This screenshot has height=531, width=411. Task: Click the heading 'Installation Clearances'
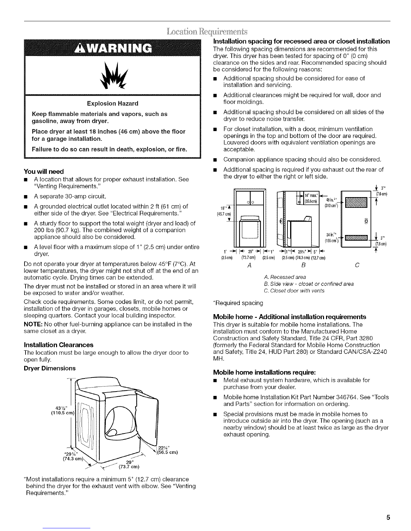pyautogui.click(x=59, y=345)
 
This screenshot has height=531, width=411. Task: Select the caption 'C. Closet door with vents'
pyautogui.click(x=294, y=291)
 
